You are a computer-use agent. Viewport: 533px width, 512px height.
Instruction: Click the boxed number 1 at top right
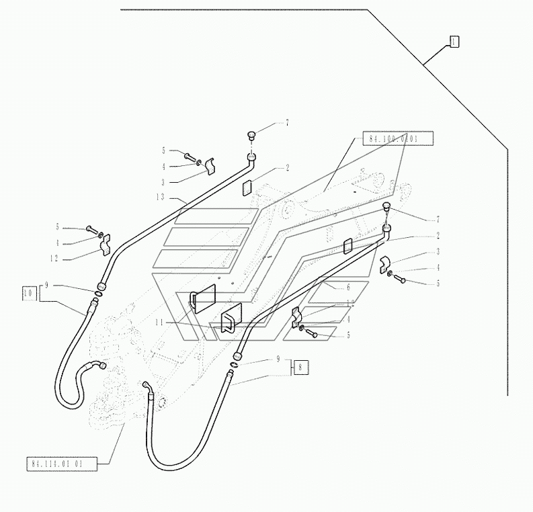click(x=454, y=42)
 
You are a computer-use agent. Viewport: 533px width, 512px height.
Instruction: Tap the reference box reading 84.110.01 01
click(x=63, y=463)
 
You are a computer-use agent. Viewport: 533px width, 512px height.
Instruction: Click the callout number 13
click(x=159, y=197)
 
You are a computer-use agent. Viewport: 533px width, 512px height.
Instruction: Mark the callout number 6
click(x=347, y=287)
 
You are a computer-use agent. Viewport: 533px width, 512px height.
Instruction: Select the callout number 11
click(x=159, y=323)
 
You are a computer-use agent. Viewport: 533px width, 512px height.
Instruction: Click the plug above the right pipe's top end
click(x=386, y=206)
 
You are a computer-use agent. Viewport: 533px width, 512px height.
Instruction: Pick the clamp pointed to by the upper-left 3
click(x=209, y=164)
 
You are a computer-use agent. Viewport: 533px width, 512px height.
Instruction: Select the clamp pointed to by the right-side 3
click(x=384, y=263)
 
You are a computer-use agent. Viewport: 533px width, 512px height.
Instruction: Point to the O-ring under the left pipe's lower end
click(x=98, y=292)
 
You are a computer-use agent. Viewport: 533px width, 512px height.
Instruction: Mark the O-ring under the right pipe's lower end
click(x=233, y=367)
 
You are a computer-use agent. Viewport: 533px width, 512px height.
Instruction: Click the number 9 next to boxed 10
click(x=47, y=286)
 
